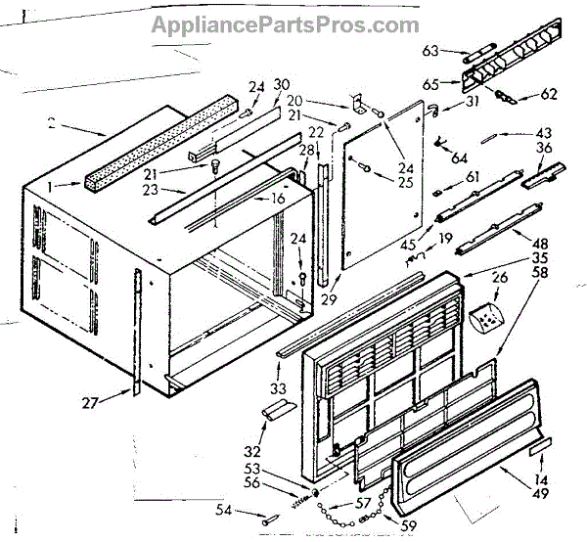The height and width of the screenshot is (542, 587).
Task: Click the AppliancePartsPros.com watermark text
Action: click(285, 24)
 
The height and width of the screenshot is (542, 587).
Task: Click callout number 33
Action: click(279, 388)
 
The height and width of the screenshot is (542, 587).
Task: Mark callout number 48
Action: click(539, 242)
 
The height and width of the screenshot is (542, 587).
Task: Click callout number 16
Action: click(277, 200)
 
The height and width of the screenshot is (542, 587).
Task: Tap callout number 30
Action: click(284, 84)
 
